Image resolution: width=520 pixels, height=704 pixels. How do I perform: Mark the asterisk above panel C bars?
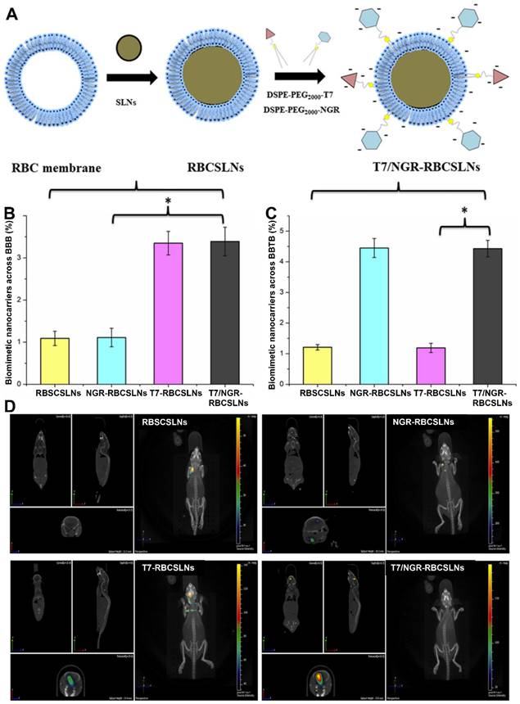[463, 212]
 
